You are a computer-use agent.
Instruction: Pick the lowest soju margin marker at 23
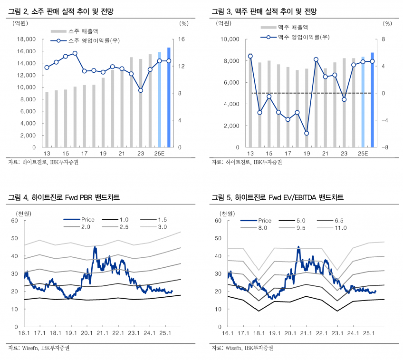coord(141,90)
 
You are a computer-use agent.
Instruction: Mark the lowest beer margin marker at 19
coord(307,134)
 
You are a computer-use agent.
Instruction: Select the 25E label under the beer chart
coord(363,154)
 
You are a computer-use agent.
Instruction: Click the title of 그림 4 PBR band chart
coord(64,197)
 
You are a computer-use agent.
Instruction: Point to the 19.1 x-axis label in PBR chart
coord(71,333)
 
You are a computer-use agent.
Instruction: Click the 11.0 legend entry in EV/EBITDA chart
coord(341,228)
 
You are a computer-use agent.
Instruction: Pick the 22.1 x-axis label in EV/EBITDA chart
coord(322,333)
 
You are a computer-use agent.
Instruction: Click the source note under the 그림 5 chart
coord(242,349)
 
